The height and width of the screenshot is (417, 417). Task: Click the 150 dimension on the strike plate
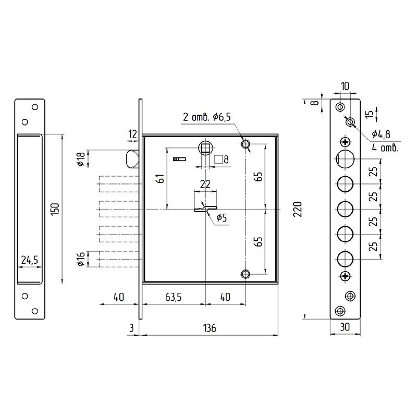pyautogui.click(x=55, y=209)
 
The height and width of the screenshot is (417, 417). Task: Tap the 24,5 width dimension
pyautogui.click(x=30, y=260)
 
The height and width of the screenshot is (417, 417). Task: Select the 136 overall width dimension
pyautogui.click(x=210, y=328)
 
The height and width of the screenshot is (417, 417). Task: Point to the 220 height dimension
pyautogui.click(x=298, y=209)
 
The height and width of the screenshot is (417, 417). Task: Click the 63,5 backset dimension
pyautogui.click(x=174, y=297)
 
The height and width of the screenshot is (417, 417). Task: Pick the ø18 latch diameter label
pyautogui.click(x=81, y=159)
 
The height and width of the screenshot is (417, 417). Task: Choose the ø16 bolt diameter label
pyautogui.click(x=81, y=259)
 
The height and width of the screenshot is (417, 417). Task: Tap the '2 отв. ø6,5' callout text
pyautogui.click(x=206, y=117)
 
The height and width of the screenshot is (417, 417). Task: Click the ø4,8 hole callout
pyautogui.click(x=381, y=134)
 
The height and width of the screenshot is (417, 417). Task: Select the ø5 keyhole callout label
pyautogui.click(x=222, y=217)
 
